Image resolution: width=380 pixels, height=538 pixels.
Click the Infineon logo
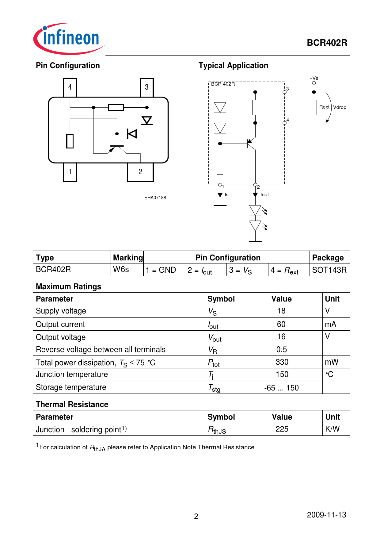(x=69, y=39)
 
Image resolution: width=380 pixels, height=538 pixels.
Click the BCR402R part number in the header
(x=327, y=43)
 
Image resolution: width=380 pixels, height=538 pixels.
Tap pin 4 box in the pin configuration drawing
(x=70, y=87)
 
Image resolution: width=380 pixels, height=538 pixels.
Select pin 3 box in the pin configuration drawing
(x=146, y=87)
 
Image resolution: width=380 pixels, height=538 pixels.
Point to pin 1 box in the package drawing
(x=70, y=172)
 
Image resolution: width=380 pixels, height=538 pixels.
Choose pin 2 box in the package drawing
(x=140, y=172)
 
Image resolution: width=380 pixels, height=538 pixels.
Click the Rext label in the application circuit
(x=324, y=107)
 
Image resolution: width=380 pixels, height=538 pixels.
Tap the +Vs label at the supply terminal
(x=314, y=78)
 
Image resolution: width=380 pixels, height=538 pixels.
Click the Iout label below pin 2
(x=264, y=195)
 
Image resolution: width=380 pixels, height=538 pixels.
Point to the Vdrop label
(x=340, y=107)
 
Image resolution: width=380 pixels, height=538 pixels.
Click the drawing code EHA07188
(x=155, y=198)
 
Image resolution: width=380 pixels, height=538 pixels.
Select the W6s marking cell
(x=121, y=270)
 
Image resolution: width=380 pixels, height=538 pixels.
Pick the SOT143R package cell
(x=329, y=270)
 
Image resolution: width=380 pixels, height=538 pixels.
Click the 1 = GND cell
(x=161, y=270)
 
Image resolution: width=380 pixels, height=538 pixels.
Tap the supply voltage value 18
(x=281, y=311)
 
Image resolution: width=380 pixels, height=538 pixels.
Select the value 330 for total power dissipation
(x=282, y=362)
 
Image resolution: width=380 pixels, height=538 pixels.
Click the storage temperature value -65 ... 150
(x=281, y=388)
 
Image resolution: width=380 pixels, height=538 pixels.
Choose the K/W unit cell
(x=332, y=429)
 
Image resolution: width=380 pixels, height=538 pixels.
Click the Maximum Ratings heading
(x=69, y=286)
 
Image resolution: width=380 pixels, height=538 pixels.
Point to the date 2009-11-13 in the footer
(x=326, y=515)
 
